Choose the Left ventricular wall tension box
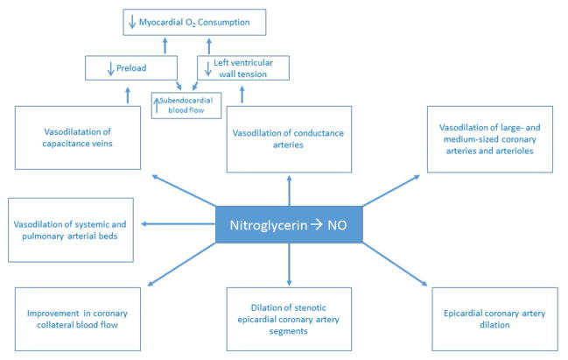(243, 68)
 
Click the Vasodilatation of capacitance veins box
(79, 138)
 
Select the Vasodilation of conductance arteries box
(288, 138)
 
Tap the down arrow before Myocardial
(130, 21)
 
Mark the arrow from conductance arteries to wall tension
(241, 95)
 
